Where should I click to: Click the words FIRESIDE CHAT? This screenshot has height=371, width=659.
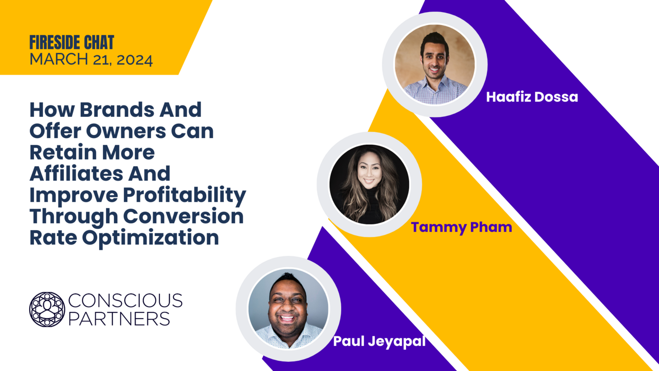72,43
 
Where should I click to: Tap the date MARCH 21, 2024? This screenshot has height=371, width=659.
91,60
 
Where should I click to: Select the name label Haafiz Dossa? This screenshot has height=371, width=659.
532,97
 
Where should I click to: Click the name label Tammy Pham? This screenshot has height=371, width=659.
462,227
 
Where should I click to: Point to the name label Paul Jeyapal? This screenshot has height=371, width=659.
379,342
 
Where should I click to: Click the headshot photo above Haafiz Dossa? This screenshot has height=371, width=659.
434,64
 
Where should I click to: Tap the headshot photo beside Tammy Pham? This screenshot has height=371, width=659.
369,185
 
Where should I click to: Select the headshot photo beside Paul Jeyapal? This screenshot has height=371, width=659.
288,308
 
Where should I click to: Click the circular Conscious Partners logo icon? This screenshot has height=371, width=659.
47,309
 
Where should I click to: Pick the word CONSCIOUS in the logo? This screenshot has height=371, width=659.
125,301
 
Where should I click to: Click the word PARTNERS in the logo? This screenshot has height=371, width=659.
119,319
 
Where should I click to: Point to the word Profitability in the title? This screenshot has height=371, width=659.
193,195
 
